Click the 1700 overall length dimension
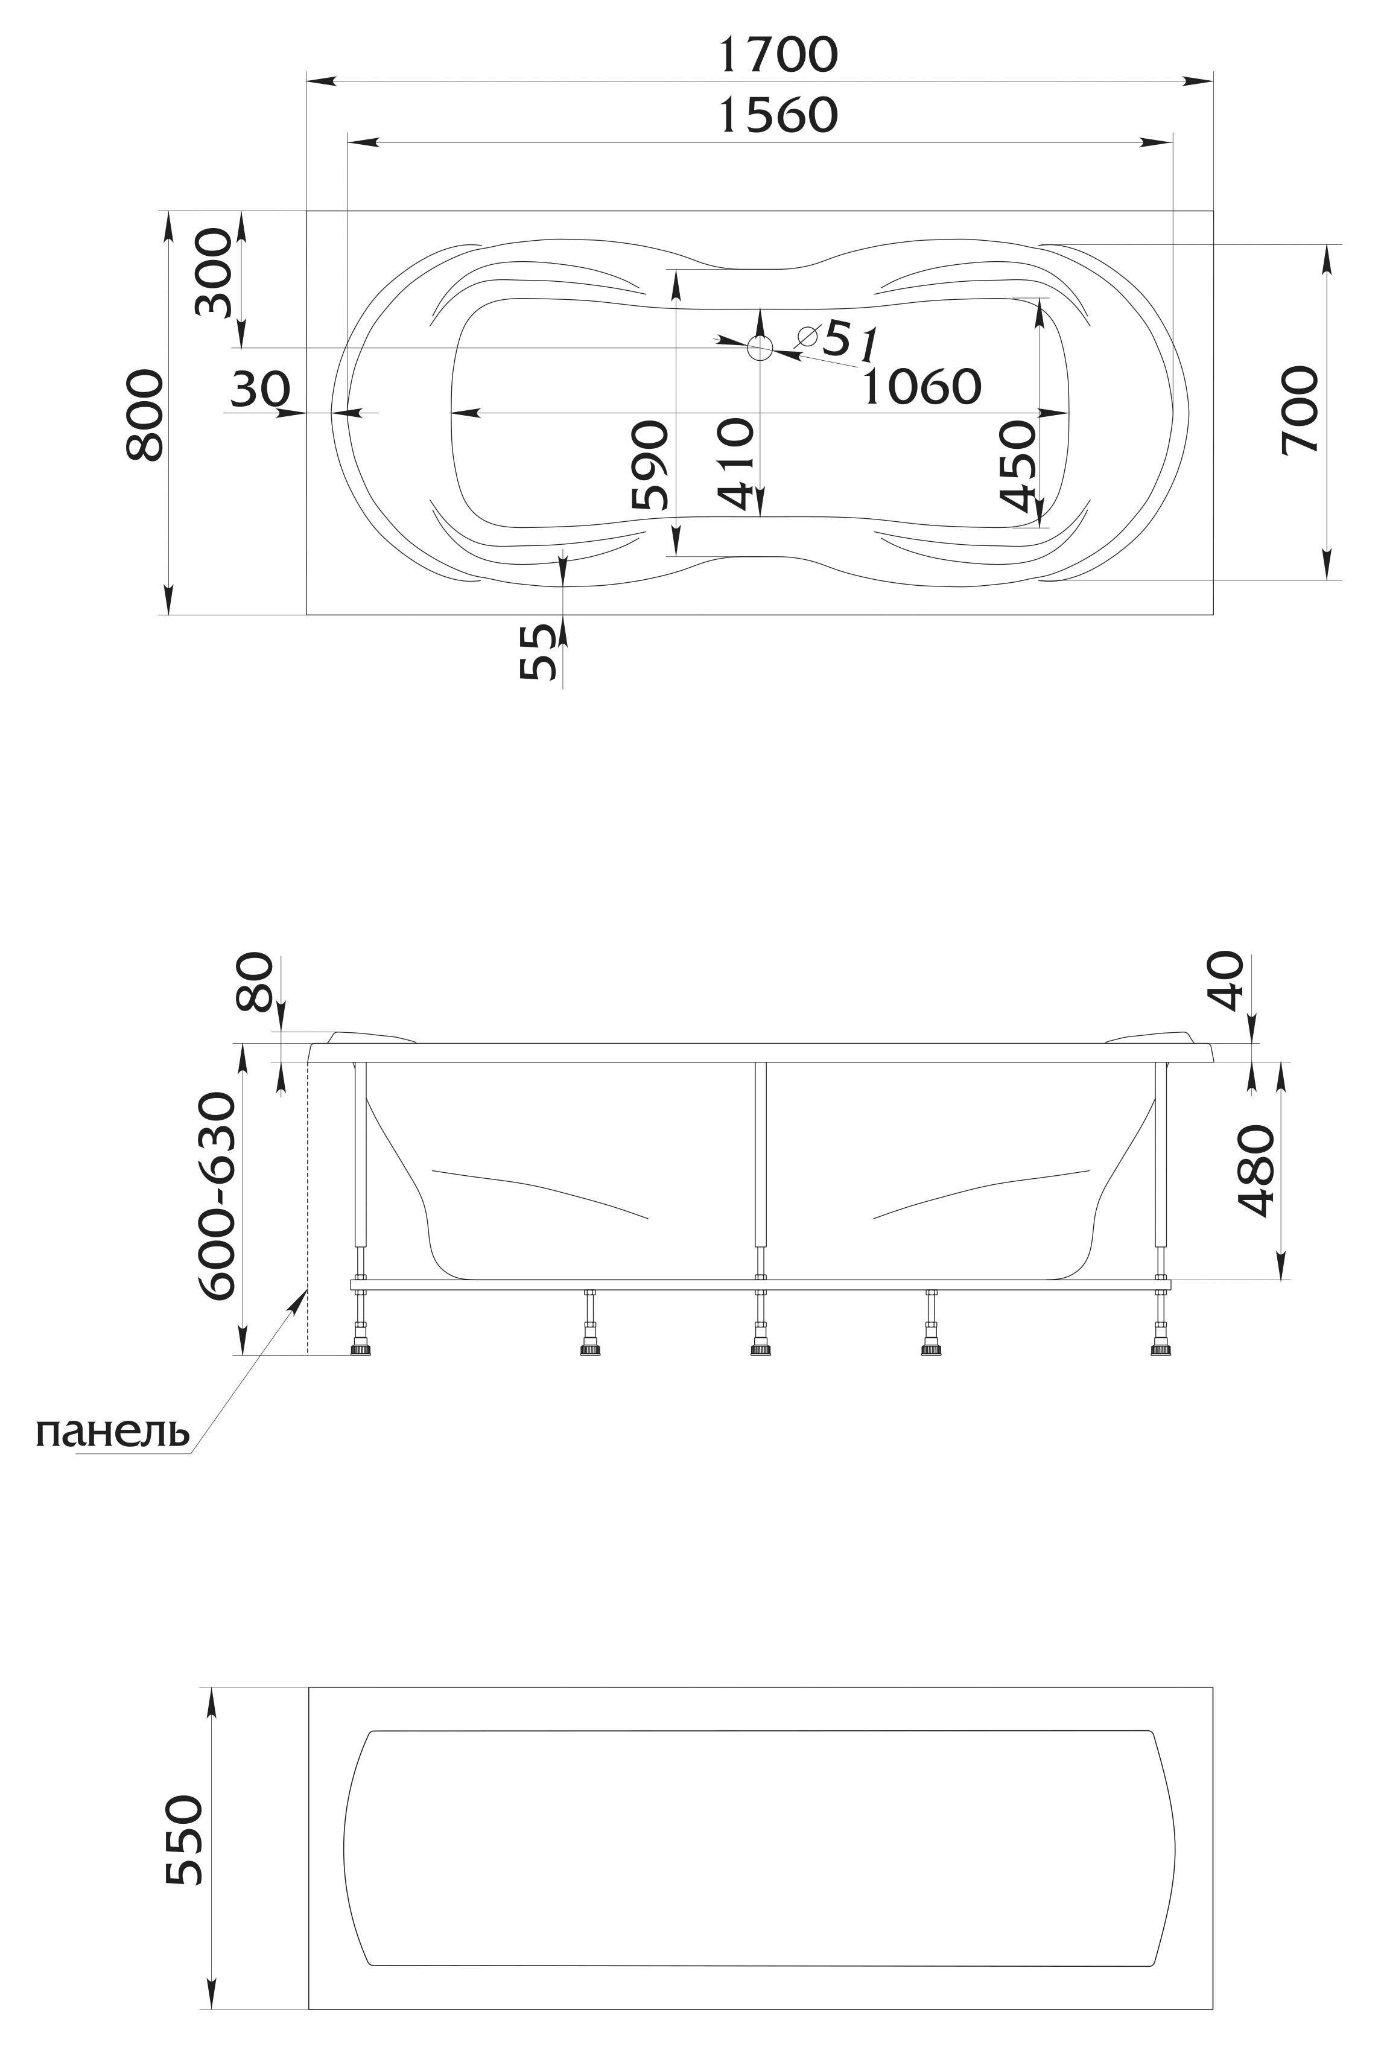click(x=778, y=55)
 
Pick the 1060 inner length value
click(x=921, y=386)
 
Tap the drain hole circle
click(x=759, y=348)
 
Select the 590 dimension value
click(x=651, y=465)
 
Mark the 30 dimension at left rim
click(x=260, y=389)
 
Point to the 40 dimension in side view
click(x=1228, y=980)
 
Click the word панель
click(x=113, y=1432)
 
